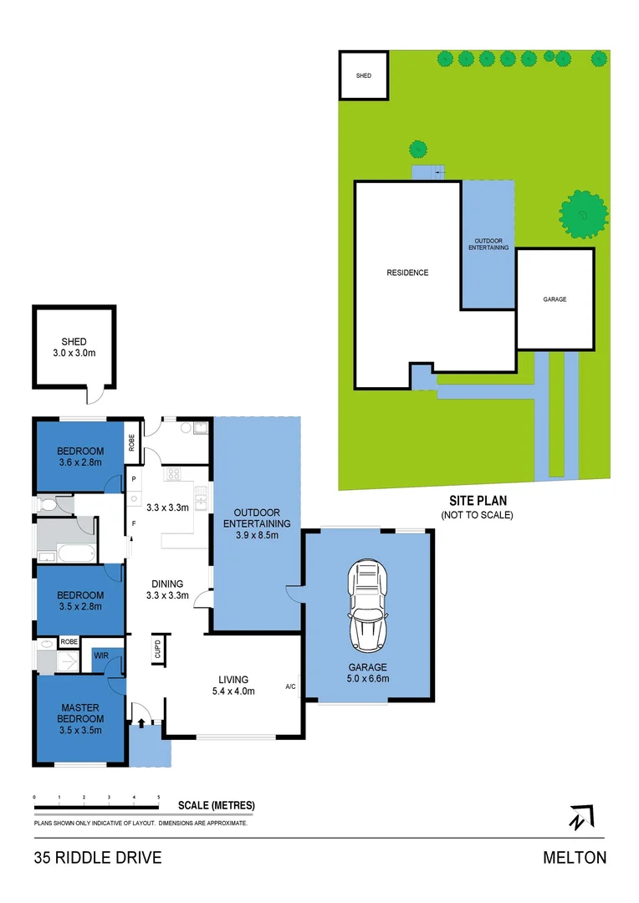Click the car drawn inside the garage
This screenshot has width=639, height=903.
(x=368, y=607)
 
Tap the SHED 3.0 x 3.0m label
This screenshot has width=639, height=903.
(x=74, y=347)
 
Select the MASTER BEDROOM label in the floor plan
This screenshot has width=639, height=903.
(x=80, y=718)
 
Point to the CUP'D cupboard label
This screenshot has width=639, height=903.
(x=156, y=649)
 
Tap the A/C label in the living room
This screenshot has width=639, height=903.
(x=290, y=686)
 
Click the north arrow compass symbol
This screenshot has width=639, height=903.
(x=580, y=817)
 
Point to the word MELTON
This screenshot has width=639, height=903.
(x=575, y=857)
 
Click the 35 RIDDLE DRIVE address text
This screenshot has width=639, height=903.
(x=98, y=857)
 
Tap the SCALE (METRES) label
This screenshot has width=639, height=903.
(x=217, y=806)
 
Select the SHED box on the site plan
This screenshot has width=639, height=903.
(x=364, y=75)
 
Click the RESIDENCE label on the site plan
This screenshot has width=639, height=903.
(x=407, y=273)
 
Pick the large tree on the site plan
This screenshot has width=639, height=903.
(x=582, y=215)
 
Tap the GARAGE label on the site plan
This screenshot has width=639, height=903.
(x=555, y=298)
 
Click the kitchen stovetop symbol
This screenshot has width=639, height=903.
(x=174, y=474)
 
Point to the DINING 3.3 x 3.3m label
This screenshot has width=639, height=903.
(x=167, y=589)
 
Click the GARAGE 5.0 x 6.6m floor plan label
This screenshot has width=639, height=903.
(x=368, y=673)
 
